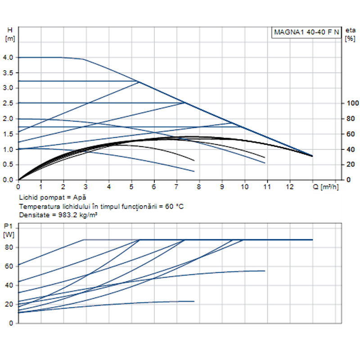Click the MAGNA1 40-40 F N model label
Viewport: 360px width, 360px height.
(x=306, y=32)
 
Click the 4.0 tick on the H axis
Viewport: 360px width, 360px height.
(x=8, y=58)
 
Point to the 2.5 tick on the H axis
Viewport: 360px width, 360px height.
(x=8, y=103)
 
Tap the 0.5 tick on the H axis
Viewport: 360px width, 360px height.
(x=8, y=165)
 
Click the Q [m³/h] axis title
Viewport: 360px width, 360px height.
(x=325, y=186)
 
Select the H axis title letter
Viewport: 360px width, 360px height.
(x=10, y=30)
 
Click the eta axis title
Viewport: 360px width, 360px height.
(x=350, y=30)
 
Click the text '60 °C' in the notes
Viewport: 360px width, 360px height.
(x=174, y=206)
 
